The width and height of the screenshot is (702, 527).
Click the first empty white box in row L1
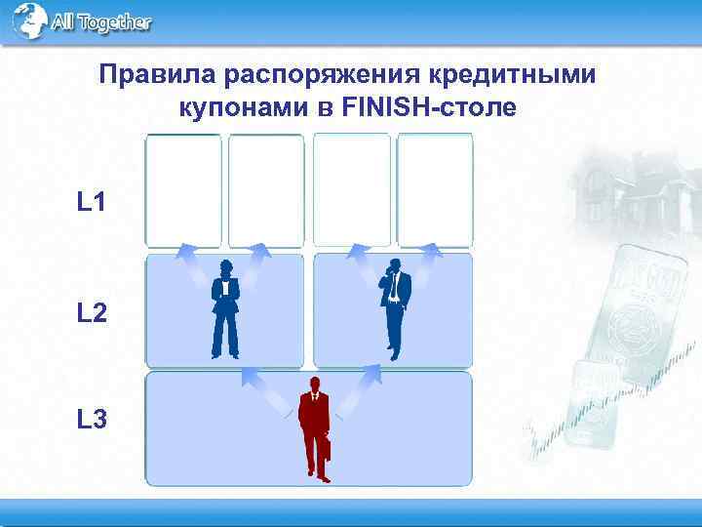click(x=183, y=190)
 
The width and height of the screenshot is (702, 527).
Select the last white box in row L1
click(x=435, y=190)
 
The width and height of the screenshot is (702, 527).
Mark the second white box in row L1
click(x=266, y=190)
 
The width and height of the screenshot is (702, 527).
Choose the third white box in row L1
click(x=351, y=190)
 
